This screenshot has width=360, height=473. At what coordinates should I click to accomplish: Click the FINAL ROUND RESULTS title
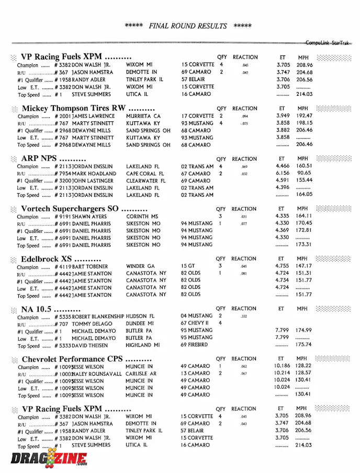[188, 26]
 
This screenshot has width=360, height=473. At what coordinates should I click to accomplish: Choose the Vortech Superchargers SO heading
[77, 208]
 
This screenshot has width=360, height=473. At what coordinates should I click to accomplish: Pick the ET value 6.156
[283, 174]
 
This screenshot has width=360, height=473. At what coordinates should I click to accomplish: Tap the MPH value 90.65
[304, 174]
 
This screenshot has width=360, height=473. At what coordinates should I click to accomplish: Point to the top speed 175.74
[304, 345]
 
